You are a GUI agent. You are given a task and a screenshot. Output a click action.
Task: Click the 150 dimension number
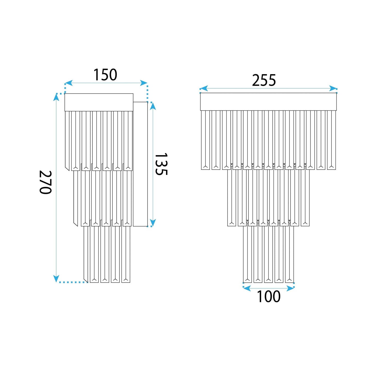coord(105,75)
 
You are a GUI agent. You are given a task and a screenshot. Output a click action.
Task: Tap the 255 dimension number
coord(264,80)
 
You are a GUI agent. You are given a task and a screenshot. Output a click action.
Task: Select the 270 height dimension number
coord(46,182)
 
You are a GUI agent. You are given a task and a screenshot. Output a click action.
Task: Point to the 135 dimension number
coord(161,164)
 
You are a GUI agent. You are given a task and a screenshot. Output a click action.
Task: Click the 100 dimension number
coord(269,296)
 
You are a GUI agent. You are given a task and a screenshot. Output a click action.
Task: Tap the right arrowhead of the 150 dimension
coord(144,83)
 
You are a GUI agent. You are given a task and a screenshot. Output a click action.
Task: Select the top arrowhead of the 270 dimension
coord(56,97)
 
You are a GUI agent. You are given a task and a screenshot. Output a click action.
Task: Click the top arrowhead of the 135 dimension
coord(153,106)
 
